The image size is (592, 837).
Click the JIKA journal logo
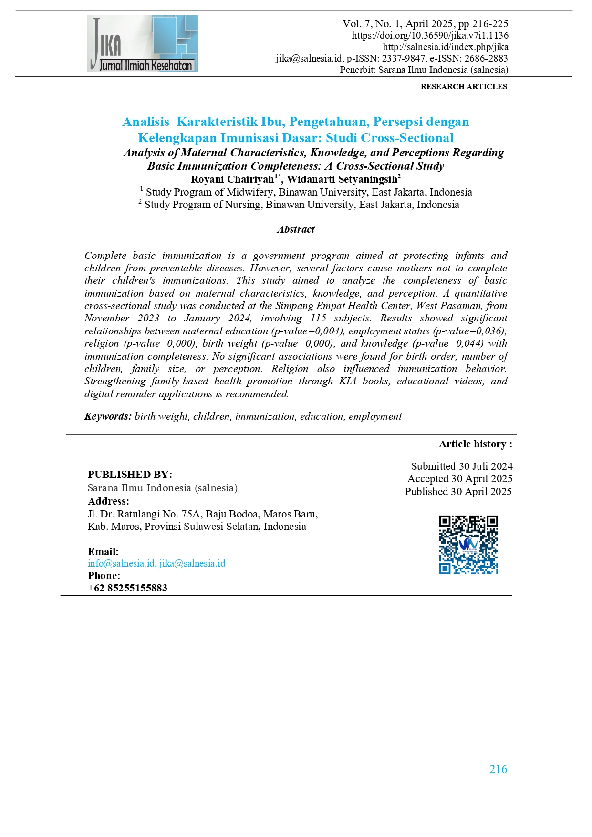(x=142, y=43)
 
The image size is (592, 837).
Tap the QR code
(x=468, y=544)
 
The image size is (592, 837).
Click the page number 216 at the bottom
(x=498, y=769)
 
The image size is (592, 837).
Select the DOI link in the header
(x=430, y=35)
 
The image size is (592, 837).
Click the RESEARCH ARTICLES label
(x=464, y=86)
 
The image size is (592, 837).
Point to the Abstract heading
(x=296, y=229)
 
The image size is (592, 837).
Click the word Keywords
(x=108, y=416)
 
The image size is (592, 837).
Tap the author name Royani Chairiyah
(x=232, y=179)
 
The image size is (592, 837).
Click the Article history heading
(x=475, y=444)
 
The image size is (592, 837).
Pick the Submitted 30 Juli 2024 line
(x=461, y=466)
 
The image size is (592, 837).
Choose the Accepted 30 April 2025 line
(x=460, y=479)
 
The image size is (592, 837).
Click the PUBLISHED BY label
(x=130, y=475)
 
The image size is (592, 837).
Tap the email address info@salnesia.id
(x=121, y=563)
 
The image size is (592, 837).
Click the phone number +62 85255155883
(x=128, y=588)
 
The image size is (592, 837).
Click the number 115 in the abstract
(x=318, y=318)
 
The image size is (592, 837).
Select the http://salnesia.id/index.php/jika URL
(x=445, y=47)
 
